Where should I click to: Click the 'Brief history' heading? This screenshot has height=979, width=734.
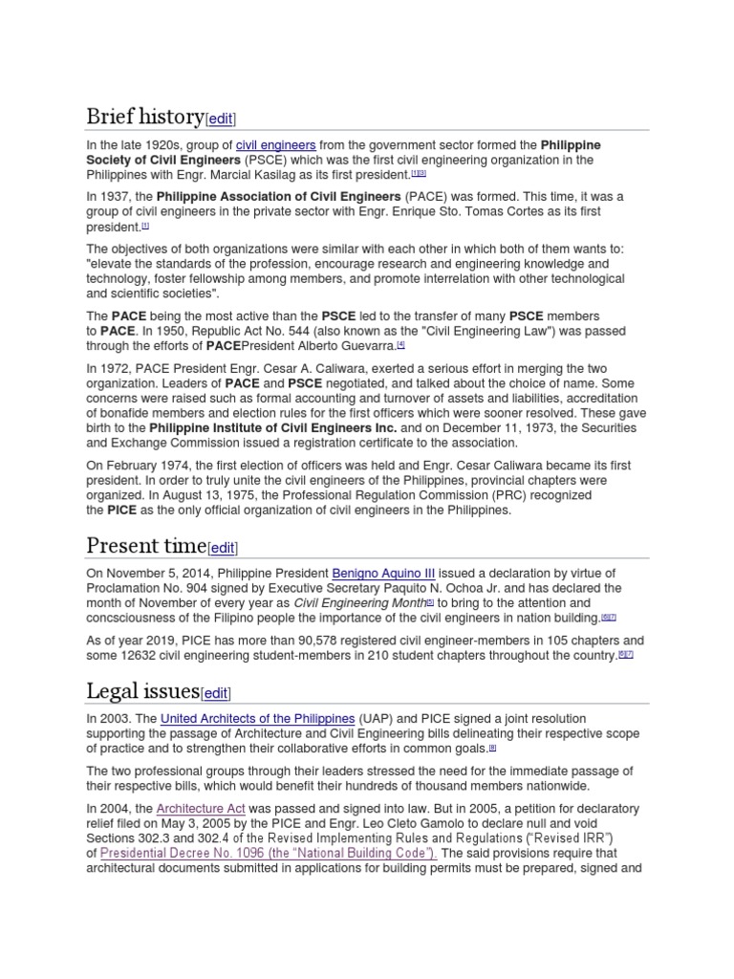point(145,118)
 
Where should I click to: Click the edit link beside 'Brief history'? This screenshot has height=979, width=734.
point(221,120)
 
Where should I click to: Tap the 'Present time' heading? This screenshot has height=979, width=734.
point(145,546)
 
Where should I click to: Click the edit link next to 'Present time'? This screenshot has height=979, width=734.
point(222,548)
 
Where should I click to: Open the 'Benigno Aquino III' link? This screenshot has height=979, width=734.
point(382,573)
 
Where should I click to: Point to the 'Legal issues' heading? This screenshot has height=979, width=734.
point(142,690)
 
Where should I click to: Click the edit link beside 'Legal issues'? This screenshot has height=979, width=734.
point(216,692)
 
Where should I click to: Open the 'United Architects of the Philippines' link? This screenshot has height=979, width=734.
point(258,718)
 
